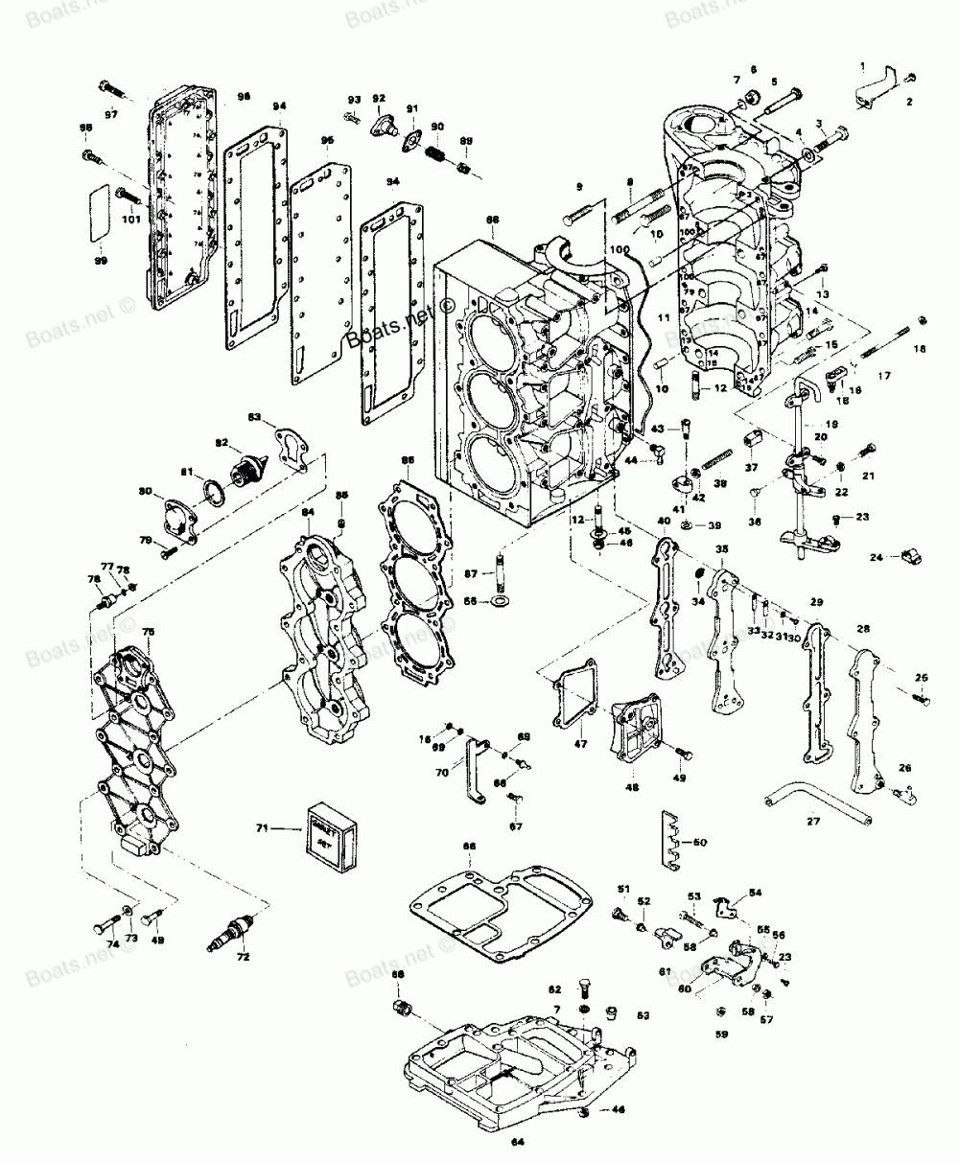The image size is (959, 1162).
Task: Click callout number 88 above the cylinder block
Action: (x=492, y=220)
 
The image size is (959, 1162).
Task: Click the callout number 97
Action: (x=112, y=115)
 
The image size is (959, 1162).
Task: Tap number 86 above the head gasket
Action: (x=408, y=461)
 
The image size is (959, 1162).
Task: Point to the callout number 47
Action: (x=580, y=742)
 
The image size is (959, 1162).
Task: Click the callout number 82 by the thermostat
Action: (x=222, y=443)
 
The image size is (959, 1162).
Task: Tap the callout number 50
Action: (x=699, y=842)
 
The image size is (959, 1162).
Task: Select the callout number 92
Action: (x=379, y=99)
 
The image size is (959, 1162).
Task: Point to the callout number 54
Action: (x=756, y=893)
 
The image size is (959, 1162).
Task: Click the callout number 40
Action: (x=664, y=522)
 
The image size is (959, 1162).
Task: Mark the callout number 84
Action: (x=308, y=513)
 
